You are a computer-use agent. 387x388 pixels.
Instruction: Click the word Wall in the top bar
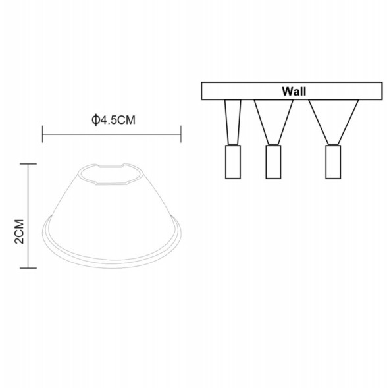click(x=294, y=91)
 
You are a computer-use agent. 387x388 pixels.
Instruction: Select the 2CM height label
click(x=19, y=232)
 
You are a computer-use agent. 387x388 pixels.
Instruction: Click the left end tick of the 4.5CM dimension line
click(x=43, y=135)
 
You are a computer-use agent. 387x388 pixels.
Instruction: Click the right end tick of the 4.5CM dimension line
click(x=181, y=135)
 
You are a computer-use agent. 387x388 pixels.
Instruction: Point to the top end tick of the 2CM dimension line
click(x=27, y=164)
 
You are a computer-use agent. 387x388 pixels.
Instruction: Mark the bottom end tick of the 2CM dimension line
click(x=27, y=268)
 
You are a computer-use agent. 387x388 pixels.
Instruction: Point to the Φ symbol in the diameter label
click(x=95, y=121)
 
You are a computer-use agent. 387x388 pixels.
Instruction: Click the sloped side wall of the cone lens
click(x=72, y=211)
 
